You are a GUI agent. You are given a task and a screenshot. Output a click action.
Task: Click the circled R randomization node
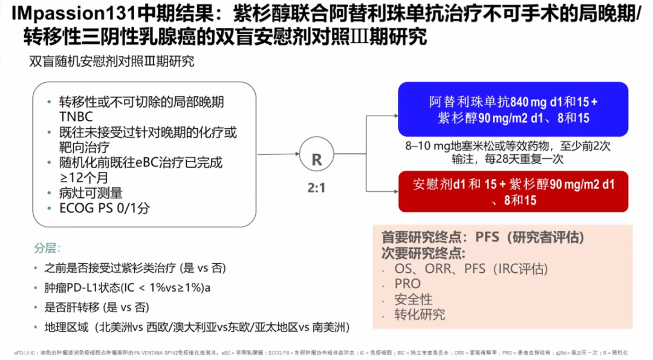coord(316,159)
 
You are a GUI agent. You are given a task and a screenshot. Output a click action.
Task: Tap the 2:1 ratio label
coord(316,188)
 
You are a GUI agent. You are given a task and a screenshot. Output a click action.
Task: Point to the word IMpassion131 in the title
coord(61,13)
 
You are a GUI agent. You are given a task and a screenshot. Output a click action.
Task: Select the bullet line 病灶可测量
coord(91,193)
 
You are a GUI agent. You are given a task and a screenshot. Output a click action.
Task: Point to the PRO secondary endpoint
coord(408,284)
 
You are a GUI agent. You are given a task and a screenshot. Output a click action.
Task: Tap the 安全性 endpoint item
coord(413,299)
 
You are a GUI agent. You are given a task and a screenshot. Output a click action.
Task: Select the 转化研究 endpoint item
coord(420,315)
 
